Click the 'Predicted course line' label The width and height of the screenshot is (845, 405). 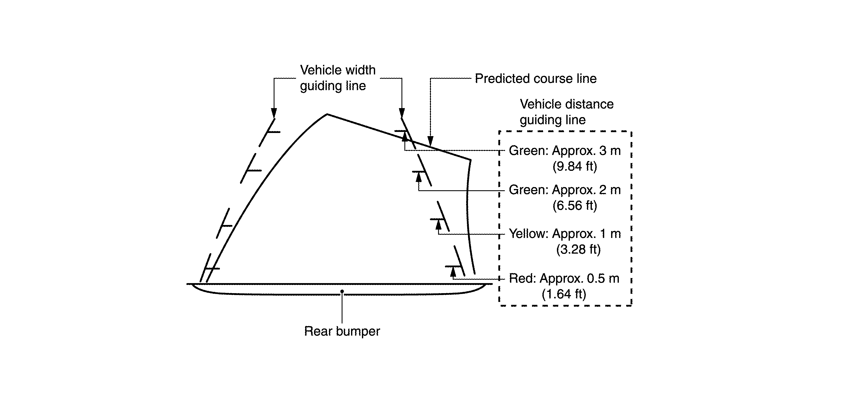535,79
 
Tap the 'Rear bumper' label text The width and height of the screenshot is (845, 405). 342,331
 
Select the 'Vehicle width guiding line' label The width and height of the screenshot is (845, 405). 337,78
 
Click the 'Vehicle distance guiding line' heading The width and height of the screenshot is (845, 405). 567,112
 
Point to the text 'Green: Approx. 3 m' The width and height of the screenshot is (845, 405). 564,151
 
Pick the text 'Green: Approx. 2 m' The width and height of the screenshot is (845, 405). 564,190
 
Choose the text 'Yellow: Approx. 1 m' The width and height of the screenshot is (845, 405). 564,234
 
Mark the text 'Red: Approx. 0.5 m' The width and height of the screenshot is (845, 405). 564,279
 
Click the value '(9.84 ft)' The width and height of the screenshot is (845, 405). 575,167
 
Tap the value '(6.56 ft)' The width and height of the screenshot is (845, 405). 575,206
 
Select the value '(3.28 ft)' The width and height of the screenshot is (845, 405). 578,250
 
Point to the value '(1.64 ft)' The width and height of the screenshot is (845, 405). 564,294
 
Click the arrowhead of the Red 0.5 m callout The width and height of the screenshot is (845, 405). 453,272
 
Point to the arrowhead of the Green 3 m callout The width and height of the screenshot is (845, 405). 405,136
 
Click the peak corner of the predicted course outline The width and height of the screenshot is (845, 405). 327,114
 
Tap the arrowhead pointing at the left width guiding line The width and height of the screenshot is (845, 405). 274,113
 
